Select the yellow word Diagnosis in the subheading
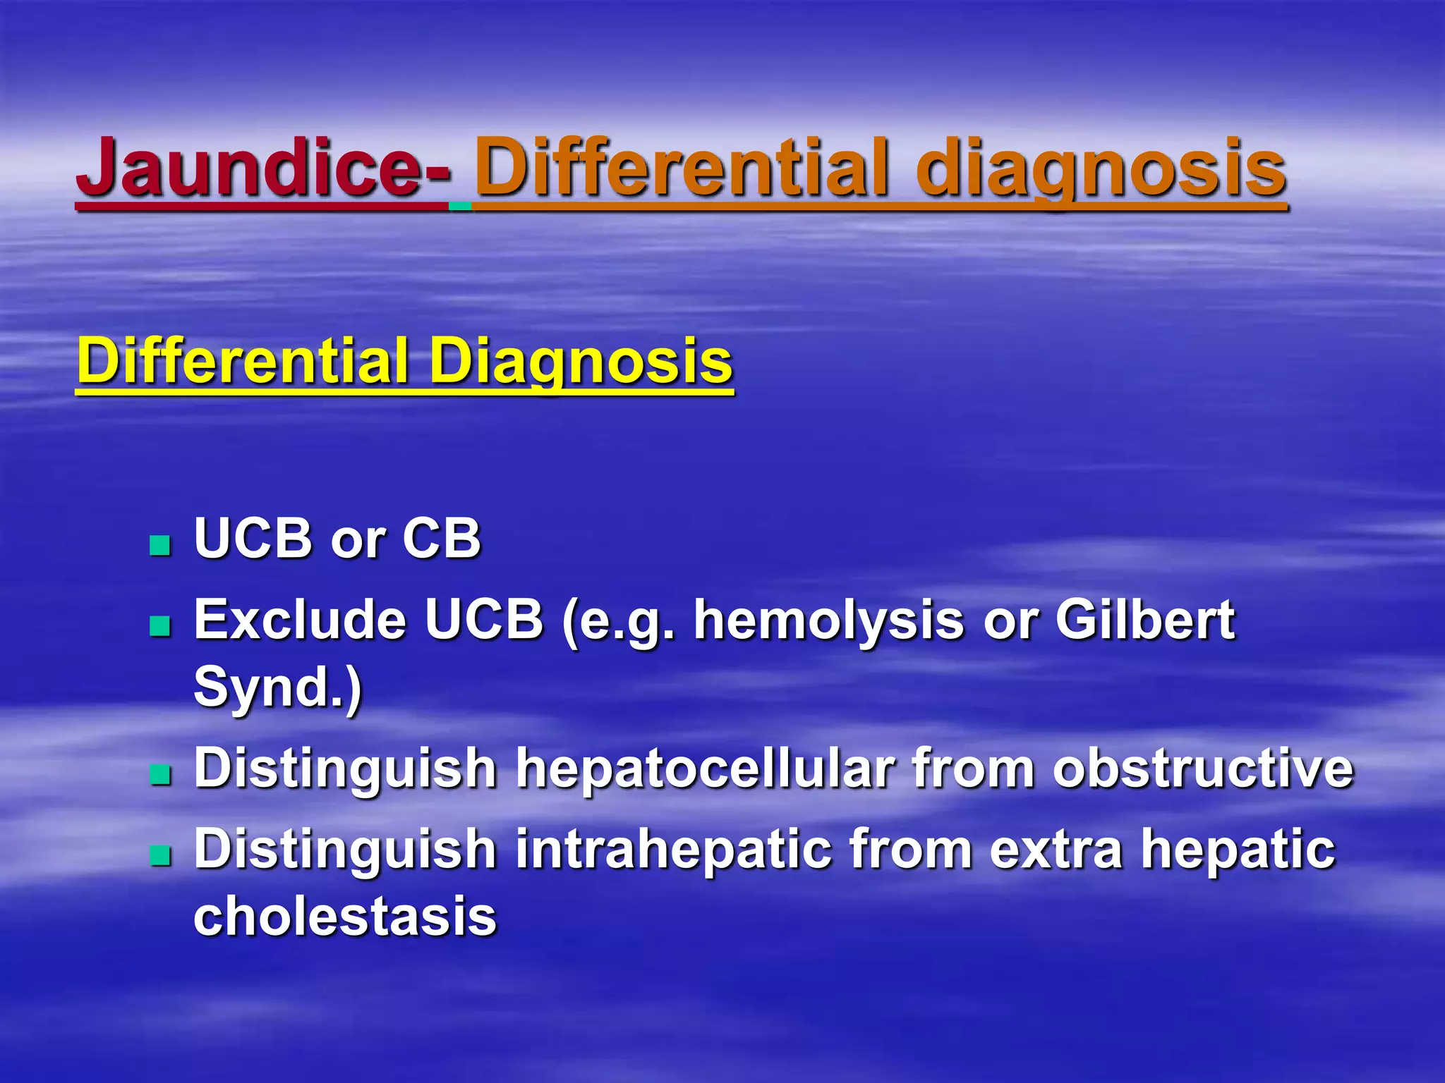(x=581, y=361)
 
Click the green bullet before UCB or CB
(x=161, y=545)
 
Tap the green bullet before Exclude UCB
(x=161, y=625)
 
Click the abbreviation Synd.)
(x=277, y=687)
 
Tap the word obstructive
(x=1203, y=769)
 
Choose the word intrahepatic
(x=673, y=850)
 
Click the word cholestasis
(x=345, y=917)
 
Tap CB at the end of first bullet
(x=442, y=539)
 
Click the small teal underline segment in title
(x=460, y=206)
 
